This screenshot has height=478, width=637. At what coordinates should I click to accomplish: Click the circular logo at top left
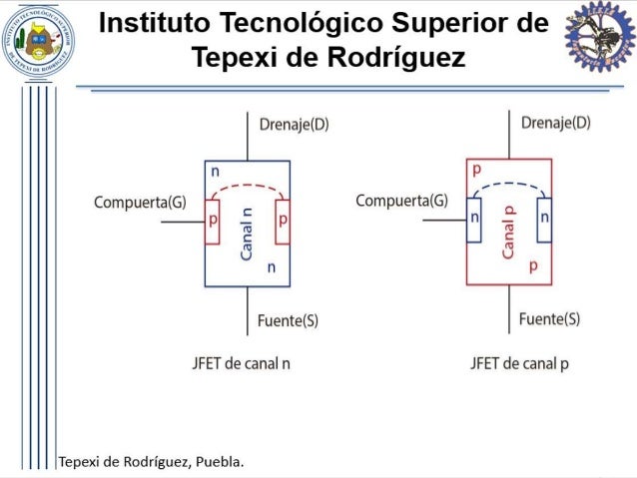[38, 41]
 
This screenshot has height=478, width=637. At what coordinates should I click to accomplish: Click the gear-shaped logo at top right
[599, 37]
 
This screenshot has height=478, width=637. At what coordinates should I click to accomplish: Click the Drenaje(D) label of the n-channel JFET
[294, 125]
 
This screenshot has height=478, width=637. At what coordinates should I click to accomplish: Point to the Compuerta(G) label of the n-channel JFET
[140, 203]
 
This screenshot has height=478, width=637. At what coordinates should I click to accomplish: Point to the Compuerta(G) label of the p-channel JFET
[401, 202]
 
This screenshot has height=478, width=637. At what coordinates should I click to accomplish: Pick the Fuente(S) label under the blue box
[288, 320]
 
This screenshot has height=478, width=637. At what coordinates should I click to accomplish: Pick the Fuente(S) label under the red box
[549, 319]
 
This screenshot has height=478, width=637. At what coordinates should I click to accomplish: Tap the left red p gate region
[212, 222]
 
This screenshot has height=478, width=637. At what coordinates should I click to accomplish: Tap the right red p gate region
[283, 222]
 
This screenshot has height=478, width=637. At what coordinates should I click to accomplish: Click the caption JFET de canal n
[242, 363]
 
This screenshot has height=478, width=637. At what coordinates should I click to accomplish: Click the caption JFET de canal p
[519, 363]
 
